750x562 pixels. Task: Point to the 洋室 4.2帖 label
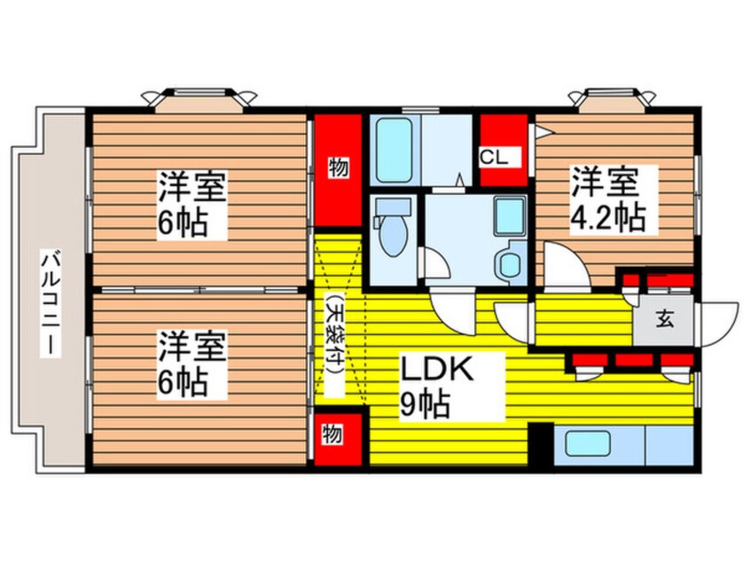pos(605,199)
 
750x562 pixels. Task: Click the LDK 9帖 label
pos(438,386)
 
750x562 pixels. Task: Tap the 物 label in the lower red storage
pos(331,435)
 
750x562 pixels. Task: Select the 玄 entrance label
pos(664,320)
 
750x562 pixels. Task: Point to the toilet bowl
pos(390,235)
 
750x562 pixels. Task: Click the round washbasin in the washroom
pos(510,263)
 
